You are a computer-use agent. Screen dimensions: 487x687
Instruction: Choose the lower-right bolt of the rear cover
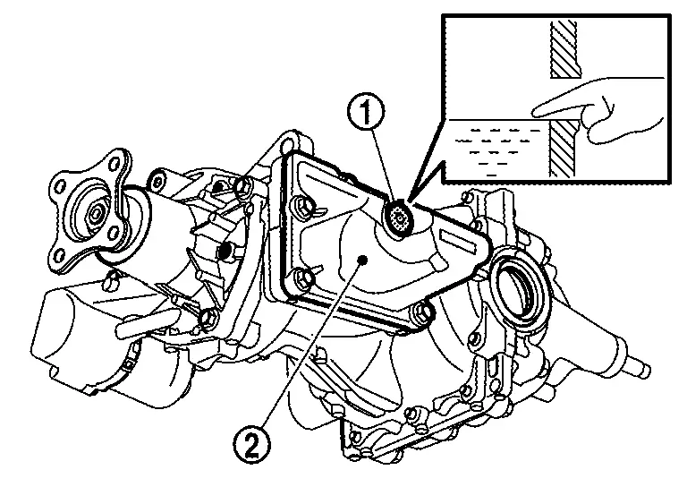[420, 313]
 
